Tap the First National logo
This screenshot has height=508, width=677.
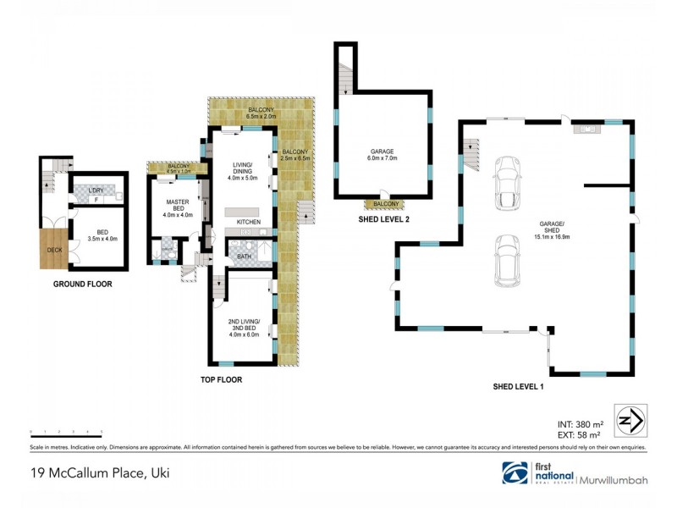coord(538,472)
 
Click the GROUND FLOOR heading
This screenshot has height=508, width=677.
coord(83,284)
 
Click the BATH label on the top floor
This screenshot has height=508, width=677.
coord(243,255)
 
